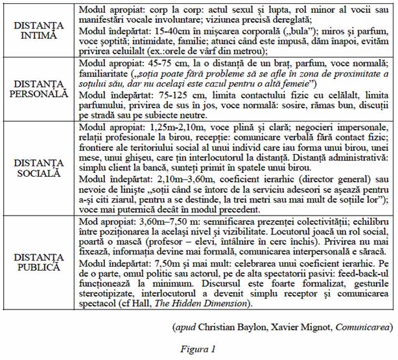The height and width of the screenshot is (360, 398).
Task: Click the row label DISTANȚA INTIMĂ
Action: click(x=38, y=30)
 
